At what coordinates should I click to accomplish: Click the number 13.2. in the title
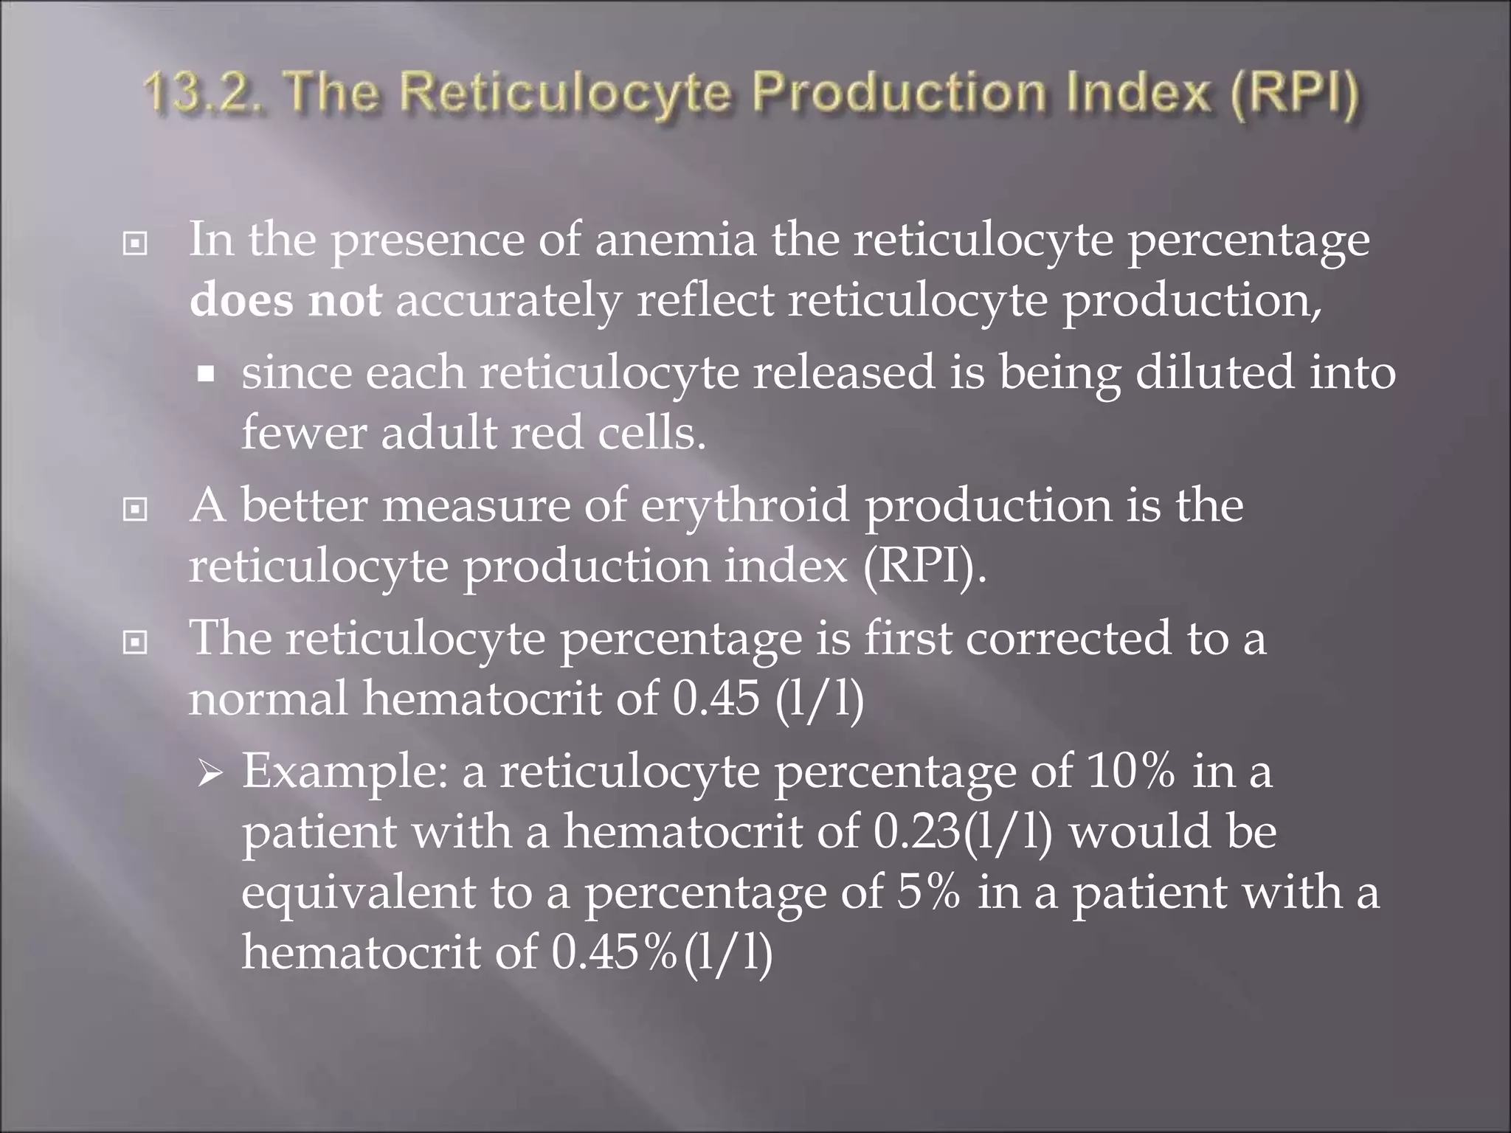click(x=205, y=96)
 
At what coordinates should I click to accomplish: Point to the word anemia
click(x=675, y=240)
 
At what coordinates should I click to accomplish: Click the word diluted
click(x=1214, y=372)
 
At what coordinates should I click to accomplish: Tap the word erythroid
click(x=745, y=506)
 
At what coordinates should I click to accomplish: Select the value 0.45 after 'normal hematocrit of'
click(x=716, y=698)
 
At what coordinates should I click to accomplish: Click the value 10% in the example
click(x=1130, y=772)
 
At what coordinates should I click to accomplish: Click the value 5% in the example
click(x=929, y=892)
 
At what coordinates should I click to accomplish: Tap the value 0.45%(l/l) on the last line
click(x=662, y=952)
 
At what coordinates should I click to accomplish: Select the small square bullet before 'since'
click(x=207, y=374)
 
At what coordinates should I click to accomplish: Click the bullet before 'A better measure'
click(x=134, y=509)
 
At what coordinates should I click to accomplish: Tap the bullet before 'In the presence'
click(x=134, y=243)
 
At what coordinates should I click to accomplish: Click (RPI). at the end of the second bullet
click(x=924, y=566)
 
